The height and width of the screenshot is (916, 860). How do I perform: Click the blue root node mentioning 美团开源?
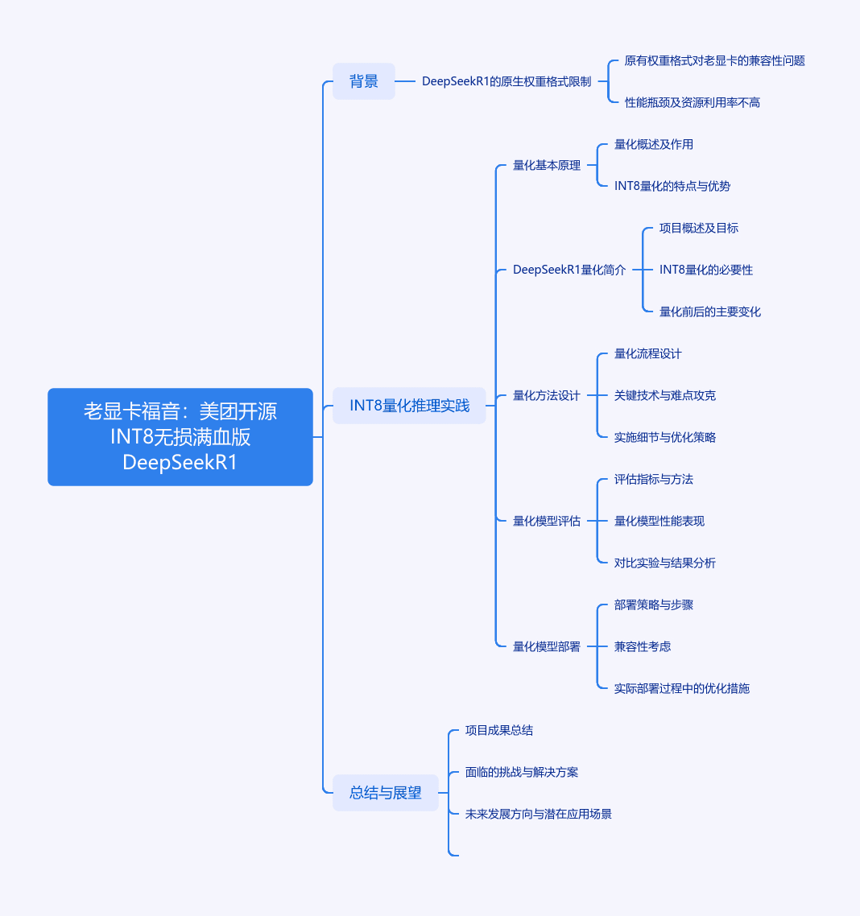click(x=180, y=437)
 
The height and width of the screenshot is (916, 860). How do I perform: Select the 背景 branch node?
click(x=364, y=81)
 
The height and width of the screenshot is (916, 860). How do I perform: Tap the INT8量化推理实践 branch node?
click(x=409, y=406)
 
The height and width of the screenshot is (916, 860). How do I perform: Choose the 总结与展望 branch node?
click(x=386, y=793)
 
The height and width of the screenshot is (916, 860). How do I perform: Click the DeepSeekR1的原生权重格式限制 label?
click(x=506, y=81)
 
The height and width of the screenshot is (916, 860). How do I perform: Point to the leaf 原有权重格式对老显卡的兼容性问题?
click(x=714, y=60)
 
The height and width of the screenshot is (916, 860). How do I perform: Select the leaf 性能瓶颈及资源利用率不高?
click(x=693, y=103)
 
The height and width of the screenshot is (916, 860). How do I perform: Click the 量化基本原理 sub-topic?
click(x=547, y=165)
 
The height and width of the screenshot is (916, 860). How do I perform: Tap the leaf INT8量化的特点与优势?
click(x=672, y=187)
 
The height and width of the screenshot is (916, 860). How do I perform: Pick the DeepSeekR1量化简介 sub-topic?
click(x=569, y=270)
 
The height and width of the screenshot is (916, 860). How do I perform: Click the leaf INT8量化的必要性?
click(x=705, y=270)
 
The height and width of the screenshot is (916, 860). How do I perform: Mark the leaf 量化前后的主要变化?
click(x=710, y=312)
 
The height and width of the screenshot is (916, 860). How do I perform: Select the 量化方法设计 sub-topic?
click(x=547, y=395)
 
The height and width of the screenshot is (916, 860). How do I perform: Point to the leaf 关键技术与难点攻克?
click(x=665, y=395)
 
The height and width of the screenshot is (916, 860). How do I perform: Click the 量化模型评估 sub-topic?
click(x=547, y=521)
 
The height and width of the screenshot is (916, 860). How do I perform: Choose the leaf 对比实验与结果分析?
click(x=665, y=563)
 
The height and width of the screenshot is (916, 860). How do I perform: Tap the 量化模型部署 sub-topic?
click(x=547, y=646)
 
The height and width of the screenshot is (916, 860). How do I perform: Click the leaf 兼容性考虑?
click(x=642, y=646)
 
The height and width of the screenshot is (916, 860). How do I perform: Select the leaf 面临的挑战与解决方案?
click(x=522, y=772)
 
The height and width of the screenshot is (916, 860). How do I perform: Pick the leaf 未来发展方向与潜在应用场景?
click(x=539, y=815)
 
